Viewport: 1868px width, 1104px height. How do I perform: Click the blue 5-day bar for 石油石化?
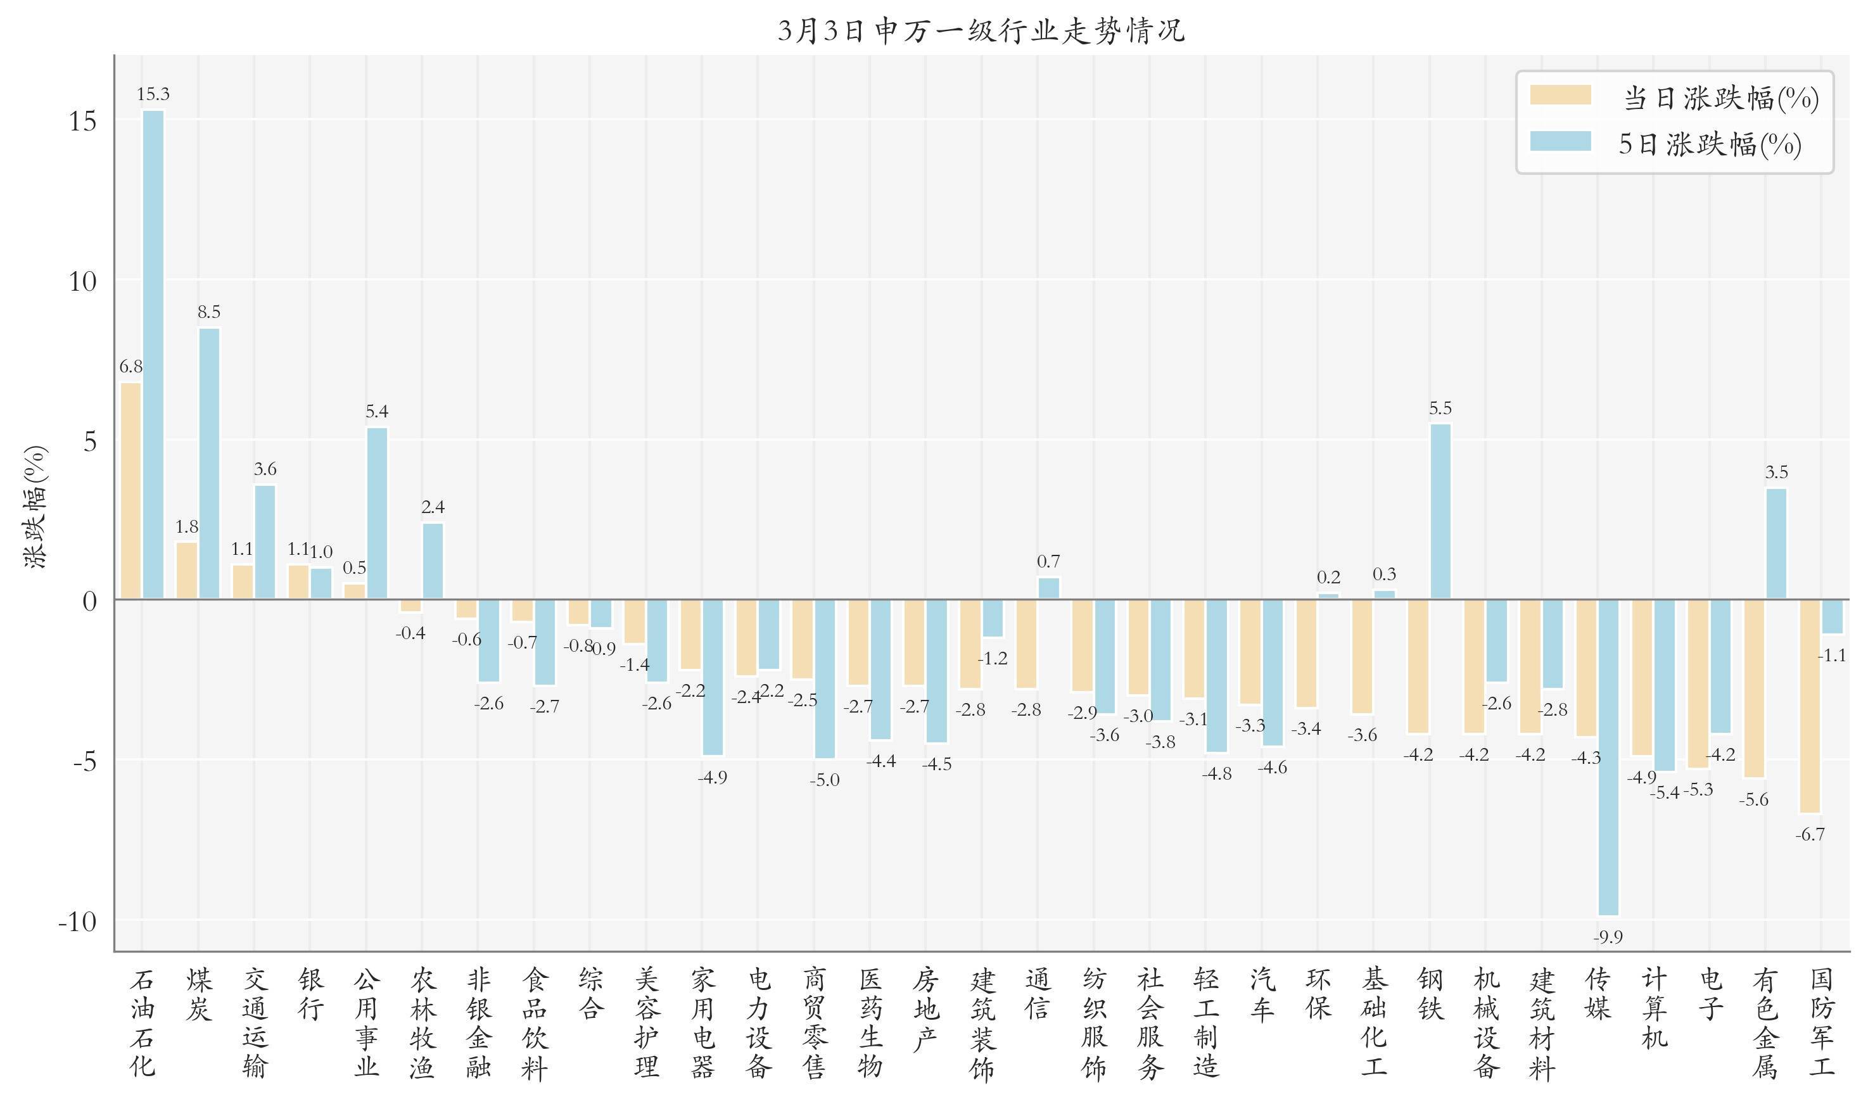(x=153, y=354)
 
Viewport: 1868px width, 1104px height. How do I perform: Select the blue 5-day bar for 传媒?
(x=1608, y=758)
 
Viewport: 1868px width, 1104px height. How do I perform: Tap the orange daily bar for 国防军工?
(x=1810, y=706)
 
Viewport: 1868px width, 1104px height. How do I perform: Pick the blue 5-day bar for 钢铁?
(x=1440, y=511)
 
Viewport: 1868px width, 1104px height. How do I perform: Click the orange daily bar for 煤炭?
(x=187, y=571)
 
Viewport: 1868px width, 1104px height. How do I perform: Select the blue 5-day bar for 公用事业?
(x=377, y=512)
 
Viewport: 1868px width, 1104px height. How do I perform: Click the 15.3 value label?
(x=153, y=94)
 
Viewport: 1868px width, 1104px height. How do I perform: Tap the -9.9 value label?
(x=1608, y=937)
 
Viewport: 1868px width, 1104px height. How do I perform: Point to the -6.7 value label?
(x=1810, y=835)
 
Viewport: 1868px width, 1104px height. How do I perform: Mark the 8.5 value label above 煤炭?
(x=209, y=312)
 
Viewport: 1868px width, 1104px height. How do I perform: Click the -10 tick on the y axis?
(x=77, y=922)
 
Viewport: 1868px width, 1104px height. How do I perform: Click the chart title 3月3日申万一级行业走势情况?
(x=981, y=31)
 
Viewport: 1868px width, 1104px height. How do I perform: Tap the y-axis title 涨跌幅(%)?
(x=35, y=506)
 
